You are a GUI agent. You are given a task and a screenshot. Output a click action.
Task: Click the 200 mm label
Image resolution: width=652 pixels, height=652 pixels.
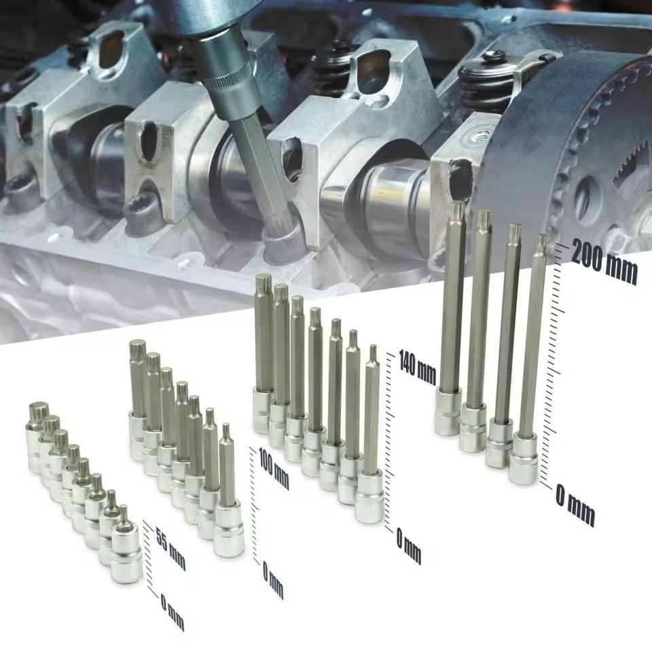click(604, 261)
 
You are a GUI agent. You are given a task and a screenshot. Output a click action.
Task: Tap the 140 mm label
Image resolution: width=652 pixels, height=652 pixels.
click(418, 367)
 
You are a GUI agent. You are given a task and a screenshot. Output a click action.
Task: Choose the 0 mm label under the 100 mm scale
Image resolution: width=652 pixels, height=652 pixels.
click(273, 579)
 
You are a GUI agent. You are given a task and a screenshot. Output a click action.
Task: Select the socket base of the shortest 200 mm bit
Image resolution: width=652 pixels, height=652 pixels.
click(524, 458)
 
